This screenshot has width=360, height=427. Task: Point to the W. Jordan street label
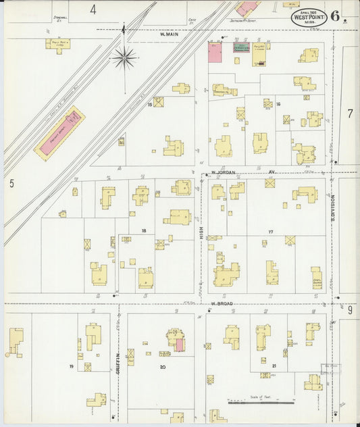(x=222, y=172)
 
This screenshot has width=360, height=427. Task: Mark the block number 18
(x=143, y=231)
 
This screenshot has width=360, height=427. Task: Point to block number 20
(x=162, y=367)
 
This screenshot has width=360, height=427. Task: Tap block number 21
(x=274, y=366)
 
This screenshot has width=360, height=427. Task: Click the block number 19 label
(x=71, y=366)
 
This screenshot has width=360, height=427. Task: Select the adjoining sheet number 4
(x=93, y=9)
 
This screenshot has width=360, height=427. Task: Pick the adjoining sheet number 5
(x=11, y=182)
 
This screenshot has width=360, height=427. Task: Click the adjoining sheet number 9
(x=350, y=310)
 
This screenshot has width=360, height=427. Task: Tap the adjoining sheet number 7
(x=350, y=114)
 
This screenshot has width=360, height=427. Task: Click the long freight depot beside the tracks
(x=60, y=134)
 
